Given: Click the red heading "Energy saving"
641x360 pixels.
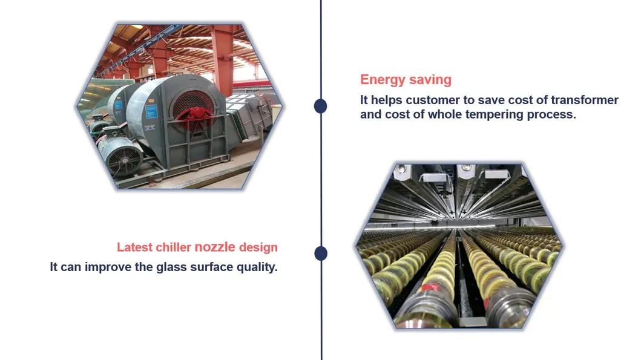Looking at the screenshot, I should (x=406, y=79).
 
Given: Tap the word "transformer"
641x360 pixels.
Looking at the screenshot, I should (x=581, y=100).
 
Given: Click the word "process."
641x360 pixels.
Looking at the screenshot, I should (x=552, y=114).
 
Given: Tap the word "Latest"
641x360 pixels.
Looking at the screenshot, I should (x=135, y=247).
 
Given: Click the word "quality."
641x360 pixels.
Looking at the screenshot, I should (x=255, y=267).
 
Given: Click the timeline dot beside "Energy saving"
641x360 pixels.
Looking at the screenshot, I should (x=321, y=106).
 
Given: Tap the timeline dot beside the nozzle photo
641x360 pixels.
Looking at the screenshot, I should (x=321, y=253).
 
